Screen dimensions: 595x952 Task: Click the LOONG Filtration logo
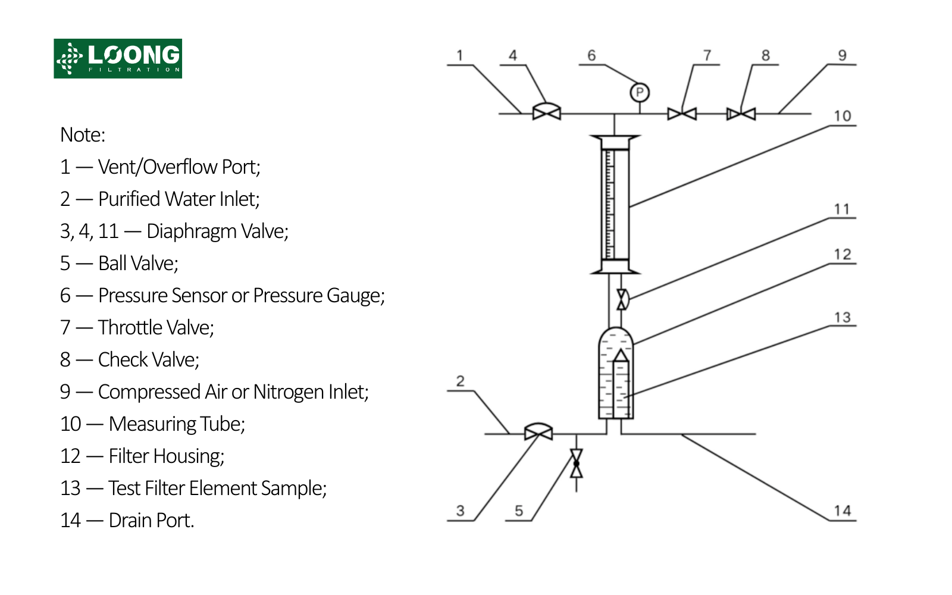point(118,58)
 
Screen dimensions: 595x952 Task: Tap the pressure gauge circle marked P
point(640,92)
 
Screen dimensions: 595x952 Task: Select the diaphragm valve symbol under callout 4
point(546,112)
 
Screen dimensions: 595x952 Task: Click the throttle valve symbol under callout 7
point(682,114)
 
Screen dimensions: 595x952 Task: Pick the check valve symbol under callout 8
point(741,114)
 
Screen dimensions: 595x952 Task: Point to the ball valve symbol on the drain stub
point(576,464)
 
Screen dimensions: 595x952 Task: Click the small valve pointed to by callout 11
point(622,299)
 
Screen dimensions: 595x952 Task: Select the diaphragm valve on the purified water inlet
point(538,432)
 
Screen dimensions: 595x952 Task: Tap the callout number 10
point(842,116)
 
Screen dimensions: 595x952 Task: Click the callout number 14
point(842,511)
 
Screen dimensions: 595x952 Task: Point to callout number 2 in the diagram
point(460,381)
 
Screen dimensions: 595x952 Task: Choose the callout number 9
point(842,55)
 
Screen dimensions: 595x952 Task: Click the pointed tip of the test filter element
point(621,352)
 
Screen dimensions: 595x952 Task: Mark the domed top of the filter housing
point(616,333)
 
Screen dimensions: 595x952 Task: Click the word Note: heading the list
point(83,135)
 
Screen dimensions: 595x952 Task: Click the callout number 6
point(591,55)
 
